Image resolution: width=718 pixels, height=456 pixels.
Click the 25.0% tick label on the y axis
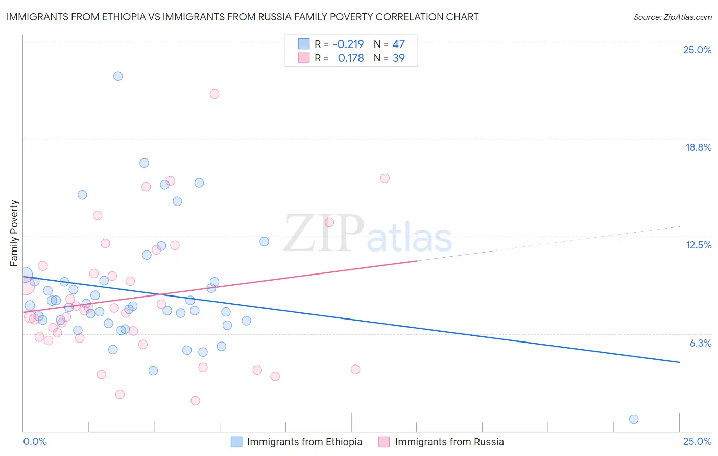[x=697, y=50]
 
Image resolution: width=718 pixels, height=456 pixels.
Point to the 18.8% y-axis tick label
[x=698, y=147]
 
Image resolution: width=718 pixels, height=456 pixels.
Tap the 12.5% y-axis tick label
[x=698, y=245]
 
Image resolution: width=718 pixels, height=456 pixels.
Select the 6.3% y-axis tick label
[x=700, y=343]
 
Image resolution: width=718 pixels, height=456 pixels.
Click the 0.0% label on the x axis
[x=35, y=441]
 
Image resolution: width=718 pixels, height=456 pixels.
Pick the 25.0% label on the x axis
[x=697, y=441]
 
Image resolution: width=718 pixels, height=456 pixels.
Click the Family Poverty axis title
[x=14, y=233]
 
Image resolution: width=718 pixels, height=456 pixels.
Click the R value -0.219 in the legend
[x=348, y=44]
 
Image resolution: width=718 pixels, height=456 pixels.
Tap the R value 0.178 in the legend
[x=351, y=58]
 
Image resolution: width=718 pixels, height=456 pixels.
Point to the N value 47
[x=398, y=44]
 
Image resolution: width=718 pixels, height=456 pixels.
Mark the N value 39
[x=398, y=58]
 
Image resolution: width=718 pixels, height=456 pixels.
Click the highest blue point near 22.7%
[x=118, y=76]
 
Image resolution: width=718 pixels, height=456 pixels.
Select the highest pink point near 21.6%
[x=214, y=94]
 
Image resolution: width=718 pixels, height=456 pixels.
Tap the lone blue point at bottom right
[x=634, y=419]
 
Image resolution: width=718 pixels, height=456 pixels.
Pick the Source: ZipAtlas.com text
[x=672, y=17]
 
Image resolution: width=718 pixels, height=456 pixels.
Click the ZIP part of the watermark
[x=324, y=234]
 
